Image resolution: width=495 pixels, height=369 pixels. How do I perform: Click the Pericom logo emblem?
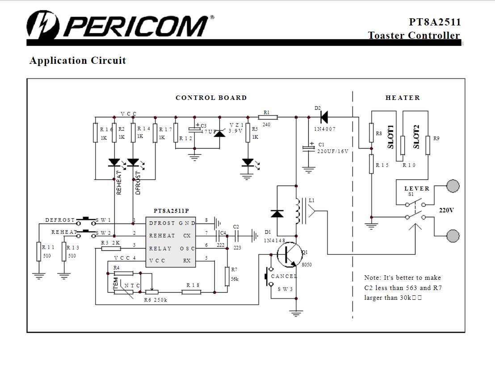tap(42, 25)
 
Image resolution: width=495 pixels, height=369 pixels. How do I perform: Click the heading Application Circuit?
tap(78, 61)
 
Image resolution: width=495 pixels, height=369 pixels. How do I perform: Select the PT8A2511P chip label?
tap(171, 211)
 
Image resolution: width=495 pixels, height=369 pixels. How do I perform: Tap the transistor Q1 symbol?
tap(287, 254)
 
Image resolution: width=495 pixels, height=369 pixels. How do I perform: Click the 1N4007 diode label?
tap(324, 129)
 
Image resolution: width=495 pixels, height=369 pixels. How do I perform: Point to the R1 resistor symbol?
tap(268, 117)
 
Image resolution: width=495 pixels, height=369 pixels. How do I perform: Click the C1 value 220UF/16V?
tap(332, 151)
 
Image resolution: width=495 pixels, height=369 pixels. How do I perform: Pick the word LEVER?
tap(417, 189)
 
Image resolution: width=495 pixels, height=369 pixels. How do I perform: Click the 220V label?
tap(446, 210)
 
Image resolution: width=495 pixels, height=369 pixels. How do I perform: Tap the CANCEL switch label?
tap(284, 277)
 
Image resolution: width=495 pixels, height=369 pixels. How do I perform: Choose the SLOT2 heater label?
tap(416, 137)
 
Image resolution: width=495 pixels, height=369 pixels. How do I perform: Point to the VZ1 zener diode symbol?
tap(219, 131)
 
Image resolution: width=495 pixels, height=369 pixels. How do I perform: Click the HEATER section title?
tap(403, 98)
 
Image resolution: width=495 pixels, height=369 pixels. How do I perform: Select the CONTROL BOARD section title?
tap(211, 98)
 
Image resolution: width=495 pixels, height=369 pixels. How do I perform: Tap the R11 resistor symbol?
tap(39, 252)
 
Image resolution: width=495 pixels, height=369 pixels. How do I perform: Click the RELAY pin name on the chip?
tap(160, 249)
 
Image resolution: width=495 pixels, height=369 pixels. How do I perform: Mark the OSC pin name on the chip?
tap(187, 249)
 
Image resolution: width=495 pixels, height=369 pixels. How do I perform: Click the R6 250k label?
tap(155, 300)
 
